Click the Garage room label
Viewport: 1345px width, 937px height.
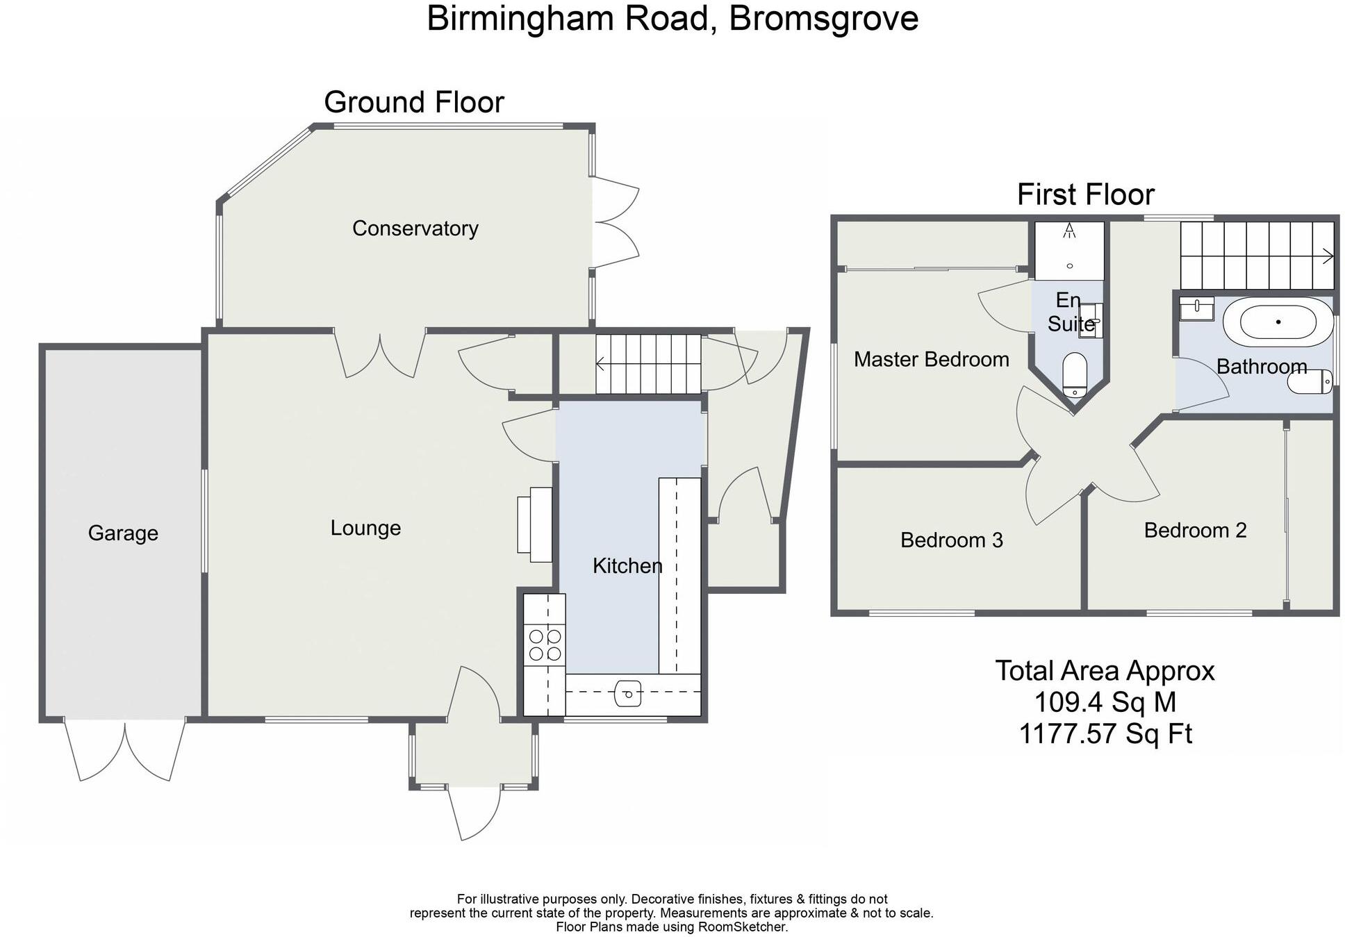pos(123,533)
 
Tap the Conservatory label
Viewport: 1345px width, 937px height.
pos(415,229)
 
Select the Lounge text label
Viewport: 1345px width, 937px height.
pos(365,528)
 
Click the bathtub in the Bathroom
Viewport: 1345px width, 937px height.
pos(1278,322)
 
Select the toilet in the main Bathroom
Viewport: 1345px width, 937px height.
pos(1310,381)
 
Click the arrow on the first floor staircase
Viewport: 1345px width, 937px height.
pos(1326,256)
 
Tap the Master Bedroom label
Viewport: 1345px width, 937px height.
pos(931,360)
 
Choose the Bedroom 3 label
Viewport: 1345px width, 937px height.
pos(951,540)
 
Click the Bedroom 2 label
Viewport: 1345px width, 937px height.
pos(1195,531)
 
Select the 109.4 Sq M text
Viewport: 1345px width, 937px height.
pos(1105,702)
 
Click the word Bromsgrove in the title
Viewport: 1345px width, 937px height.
pos(823,19)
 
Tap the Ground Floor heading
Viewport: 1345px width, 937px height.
pos(414,103)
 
